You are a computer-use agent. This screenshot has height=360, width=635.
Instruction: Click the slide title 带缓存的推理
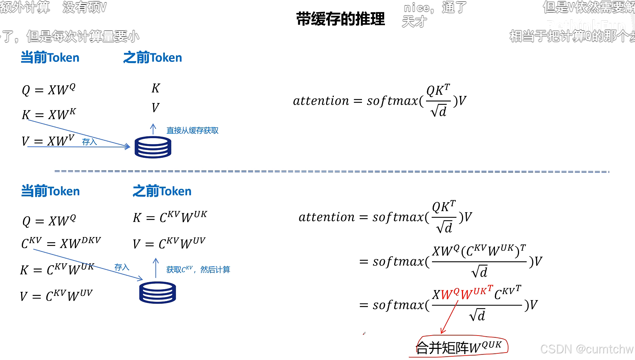click(x=340, y=19)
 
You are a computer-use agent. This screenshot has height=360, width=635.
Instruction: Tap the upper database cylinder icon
click(x=153, y=147)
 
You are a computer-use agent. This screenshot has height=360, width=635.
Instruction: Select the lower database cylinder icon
click(x=157, y=293)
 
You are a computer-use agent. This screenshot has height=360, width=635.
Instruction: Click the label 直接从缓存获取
click(x=192, y=130)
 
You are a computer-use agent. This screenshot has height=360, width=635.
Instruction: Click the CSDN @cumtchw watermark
click(x=586, y=349)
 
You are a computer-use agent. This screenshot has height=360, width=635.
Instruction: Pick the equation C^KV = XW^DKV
click(x=61, y=243)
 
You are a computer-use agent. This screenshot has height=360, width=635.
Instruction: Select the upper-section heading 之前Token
click(x=153, y=58)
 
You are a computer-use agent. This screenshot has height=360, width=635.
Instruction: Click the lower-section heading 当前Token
click(x=50, y=191)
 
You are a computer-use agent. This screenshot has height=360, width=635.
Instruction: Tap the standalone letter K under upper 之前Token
click(x=156, y=88)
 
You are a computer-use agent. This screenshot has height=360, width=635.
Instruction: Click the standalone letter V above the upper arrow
click(x=155, y=108)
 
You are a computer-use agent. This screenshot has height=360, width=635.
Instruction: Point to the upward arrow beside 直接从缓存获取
click(x=153, y=129)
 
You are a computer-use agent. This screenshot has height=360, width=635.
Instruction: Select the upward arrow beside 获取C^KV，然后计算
click(x=156, y=268)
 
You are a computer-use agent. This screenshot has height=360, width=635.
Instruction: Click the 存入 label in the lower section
click(x=122, y=267)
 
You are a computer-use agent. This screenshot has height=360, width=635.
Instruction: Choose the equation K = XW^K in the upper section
click(x=49, y=114)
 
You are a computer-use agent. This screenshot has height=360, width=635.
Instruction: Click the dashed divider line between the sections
click(x=332, y=171)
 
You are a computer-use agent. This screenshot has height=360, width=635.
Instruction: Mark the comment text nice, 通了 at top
click(x=435, y=7)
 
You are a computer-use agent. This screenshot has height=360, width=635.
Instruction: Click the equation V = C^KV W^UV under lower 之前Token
click(x=169, y=243)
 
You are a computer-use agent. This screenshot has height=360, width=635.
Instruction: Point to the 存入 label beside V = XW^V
click(x=89, y=142)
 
